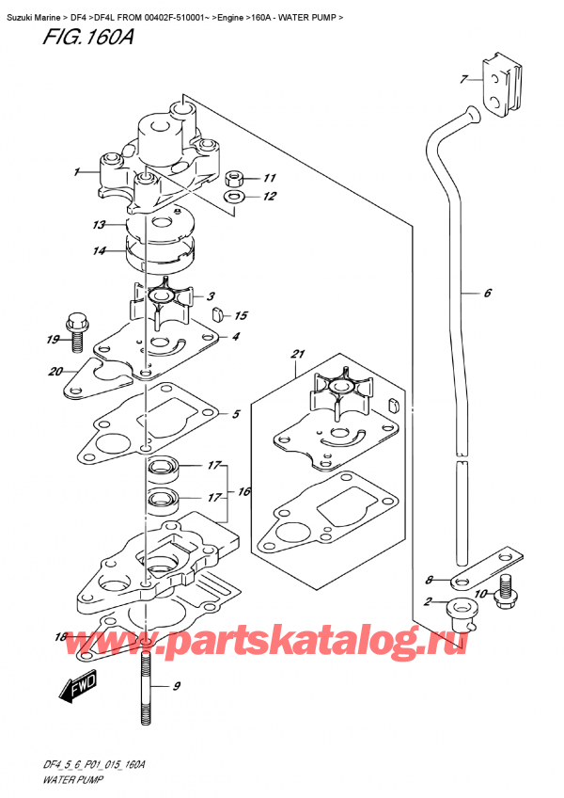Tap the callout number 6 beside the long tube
[487, 294]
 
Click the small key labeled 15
[215, 314]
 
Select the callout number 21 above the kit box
[300, 355]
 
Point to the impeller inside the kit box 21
[337, 394]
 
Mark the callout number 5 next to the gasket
[236, 414]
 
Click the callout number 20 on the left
[55, 370]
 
